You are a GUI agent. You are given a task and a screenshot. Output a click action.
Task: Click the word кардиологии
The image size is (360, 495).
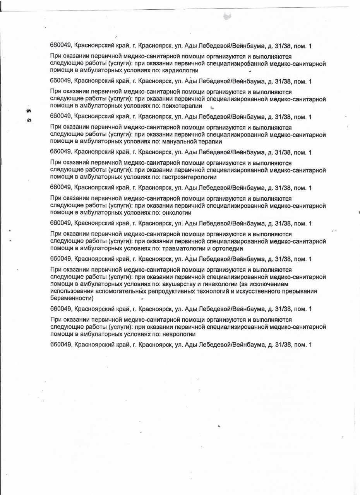tap(181, 70)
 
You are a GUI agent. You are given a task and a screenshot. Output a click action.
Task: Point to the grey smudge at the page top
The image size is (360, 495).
tap(227, 16)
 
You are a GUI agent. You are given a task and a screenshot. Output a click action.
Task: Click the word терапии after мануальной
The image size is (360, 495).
tap(211, 142)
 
